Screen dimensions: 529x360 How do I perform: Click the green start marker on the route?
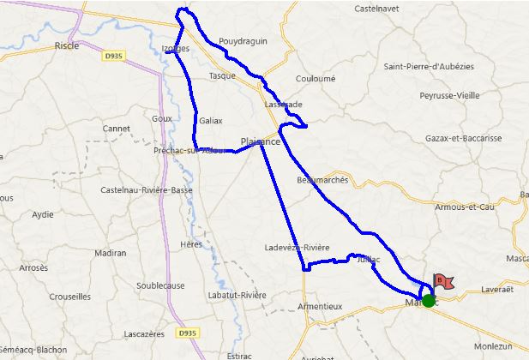pyautogui.click(x=428, y=300)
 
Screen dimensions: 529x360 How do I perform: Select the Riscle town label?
pyautogui.click(x=66, y=45)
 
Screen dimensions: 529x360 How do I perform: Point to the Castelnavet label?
pyautogui.click(x=379, y=9)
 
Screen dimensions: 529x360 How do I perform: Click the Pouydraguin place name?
pyautogui.click(x=243, y=40)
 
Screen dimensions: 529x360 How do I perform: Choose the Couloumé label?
pyautogui.click(x=315, y=77)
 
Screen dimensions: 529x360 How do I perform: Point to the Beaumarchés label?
pyautogui.click(x=322, y=180)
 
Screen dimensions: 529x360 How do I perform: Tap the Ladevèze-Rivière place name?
pyautogui.click(x=298, y=248)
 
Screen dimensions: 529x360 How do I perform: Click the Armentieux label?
pyautogui.click(x=319, y=306)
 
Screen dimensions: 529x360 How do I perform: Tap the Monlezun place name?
pyautogui.click(x=494, y=345)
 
